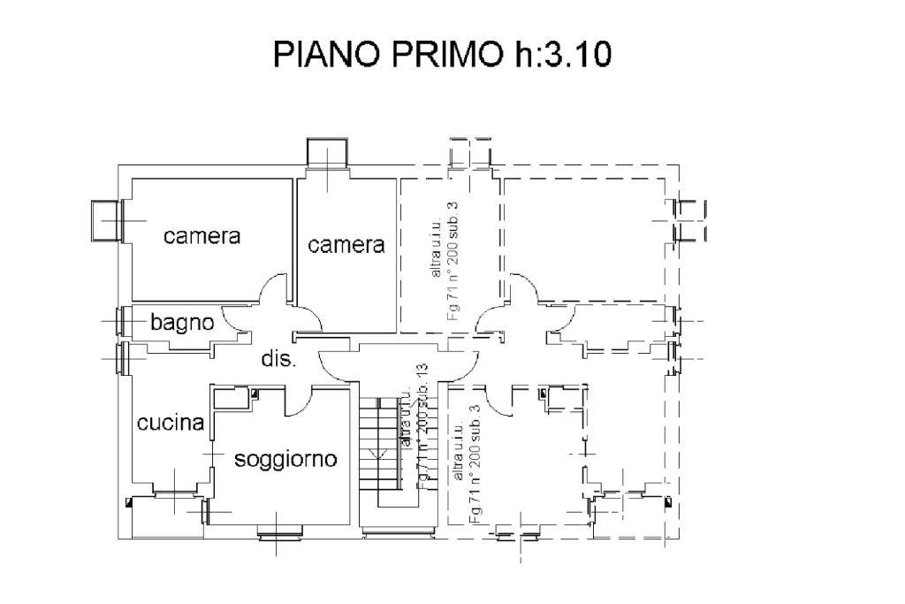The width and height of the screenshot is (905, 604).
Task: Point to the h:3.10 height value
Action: point(559,56)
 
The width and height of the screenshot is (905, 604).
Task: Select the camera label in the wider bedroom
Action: point(202,236)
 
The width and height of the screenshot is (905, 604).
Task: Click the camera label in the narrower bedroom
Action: point(346,245)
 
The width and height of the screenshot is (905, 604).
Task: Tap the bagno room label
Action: point(182,323)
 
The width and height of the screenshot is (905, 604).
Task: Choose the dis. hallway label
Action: point(278,359)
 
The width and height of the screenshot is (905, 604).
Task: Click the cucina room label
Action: point(171,423)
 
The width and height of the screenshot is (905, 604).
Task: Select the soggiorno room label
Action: point(285,460)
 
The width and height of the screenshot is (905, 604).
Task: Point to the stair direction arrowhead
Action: point(380,455)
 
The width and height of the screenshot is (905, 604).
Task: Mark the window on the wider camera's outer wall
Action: point(107,220)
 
